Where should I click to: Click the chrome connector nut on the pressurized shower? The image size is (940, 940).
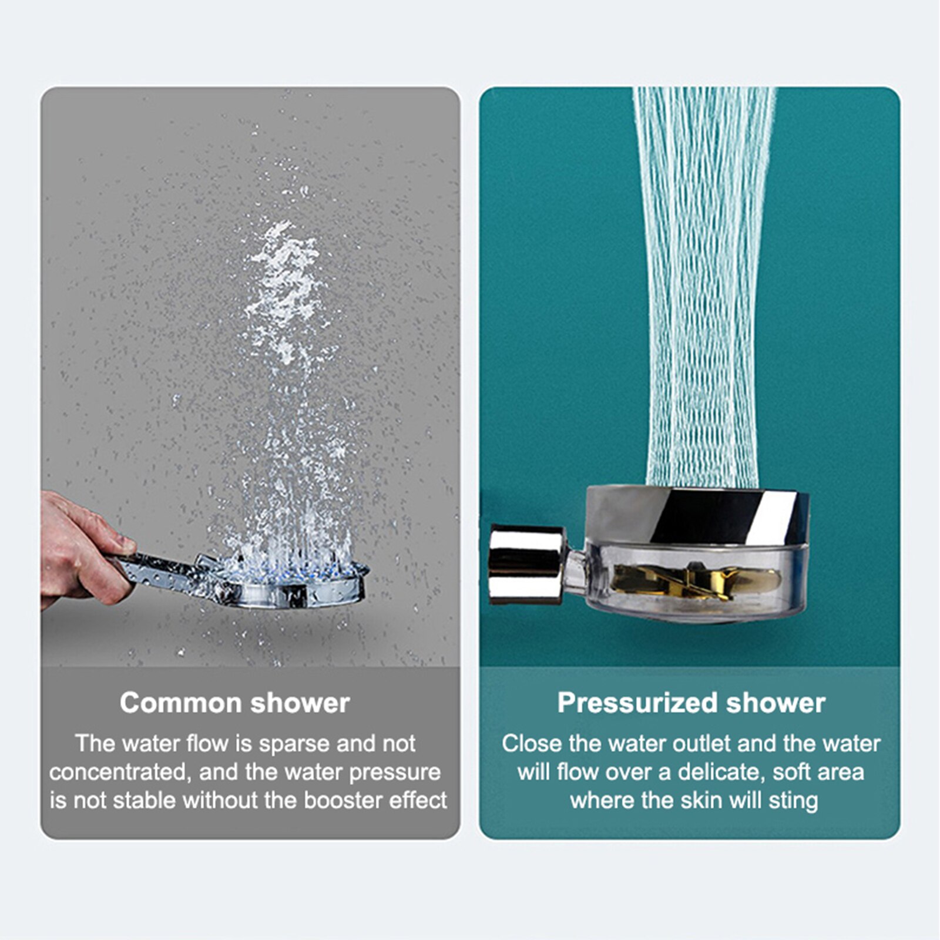coord(526,564)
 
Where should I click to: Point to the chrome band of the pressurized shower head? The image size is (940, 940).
coord(697,515)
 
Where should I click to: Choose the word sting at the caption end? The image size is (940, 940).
coord(793,801)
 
